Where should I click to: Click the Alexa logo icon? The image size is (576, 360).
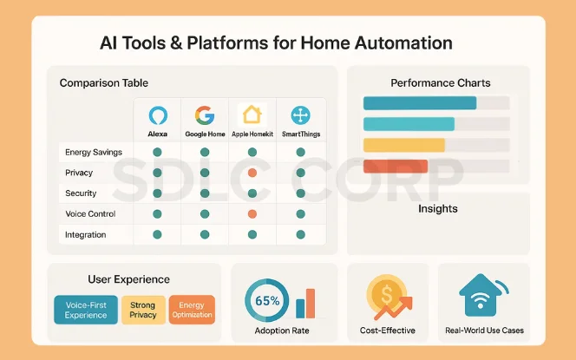[x=157, y=116]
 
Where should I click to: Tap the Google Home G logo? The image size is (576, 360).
[x=205, y=116]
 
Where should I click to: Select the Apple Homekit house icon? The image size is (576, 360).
[x=252, y=115]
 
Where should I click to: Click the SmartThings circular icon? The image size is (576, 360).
[x=300, y=116]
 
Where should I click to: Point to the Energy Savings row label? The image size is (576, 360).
[x=93, y=153]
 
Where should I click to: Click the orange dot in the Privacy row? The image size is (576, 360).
[x=252, y=173]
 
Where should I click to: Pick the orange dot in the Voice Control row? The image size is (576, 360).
[x=252, y=213]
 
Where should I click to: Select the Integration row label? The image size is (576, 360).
[x=86, y=235]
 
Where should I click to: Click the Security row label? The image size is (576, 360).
[x=81, y=193]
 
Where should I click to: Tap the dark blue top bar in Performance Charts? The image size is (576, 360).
[x=419, y=103]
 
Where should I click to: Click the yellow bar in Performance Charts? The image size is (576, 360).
[x=403, y=145]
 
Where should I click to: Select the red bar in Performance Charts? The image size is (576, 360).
[x=395, y=166]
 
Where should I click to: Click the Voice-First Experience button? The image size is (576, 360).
[x=86, y=310]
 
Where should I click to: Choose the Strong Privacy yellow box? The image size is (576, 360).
[x=143, y=310]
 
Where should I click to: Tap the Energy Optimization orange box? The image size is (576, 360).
[x=192, y=310]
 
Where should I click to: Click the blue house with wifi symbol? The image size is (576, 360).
[x=481, y=295]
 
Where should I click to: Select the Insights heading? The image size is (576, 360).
[x=437, y=209]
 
